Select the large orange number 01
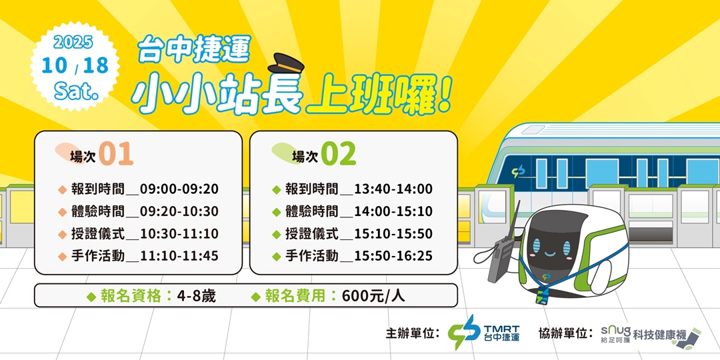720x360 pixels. click(116, 154)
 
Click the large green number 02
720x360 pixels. click(338, 154)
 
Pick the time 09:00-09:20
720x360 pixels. click(179, 189)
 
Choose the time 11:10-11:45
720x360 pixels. click(179, 256)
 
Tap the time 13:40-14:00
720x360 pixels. click(393, 189)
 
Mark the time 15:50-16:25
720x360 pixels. click(393, 256)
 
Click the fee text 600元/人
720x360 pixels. click(373, 296)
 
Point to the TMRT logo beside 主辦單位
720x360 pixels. click(484, 332)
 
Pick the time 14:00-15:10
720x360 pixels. click(393, 211)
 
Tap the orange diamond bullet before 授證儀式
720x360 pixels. click(63, 234)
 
